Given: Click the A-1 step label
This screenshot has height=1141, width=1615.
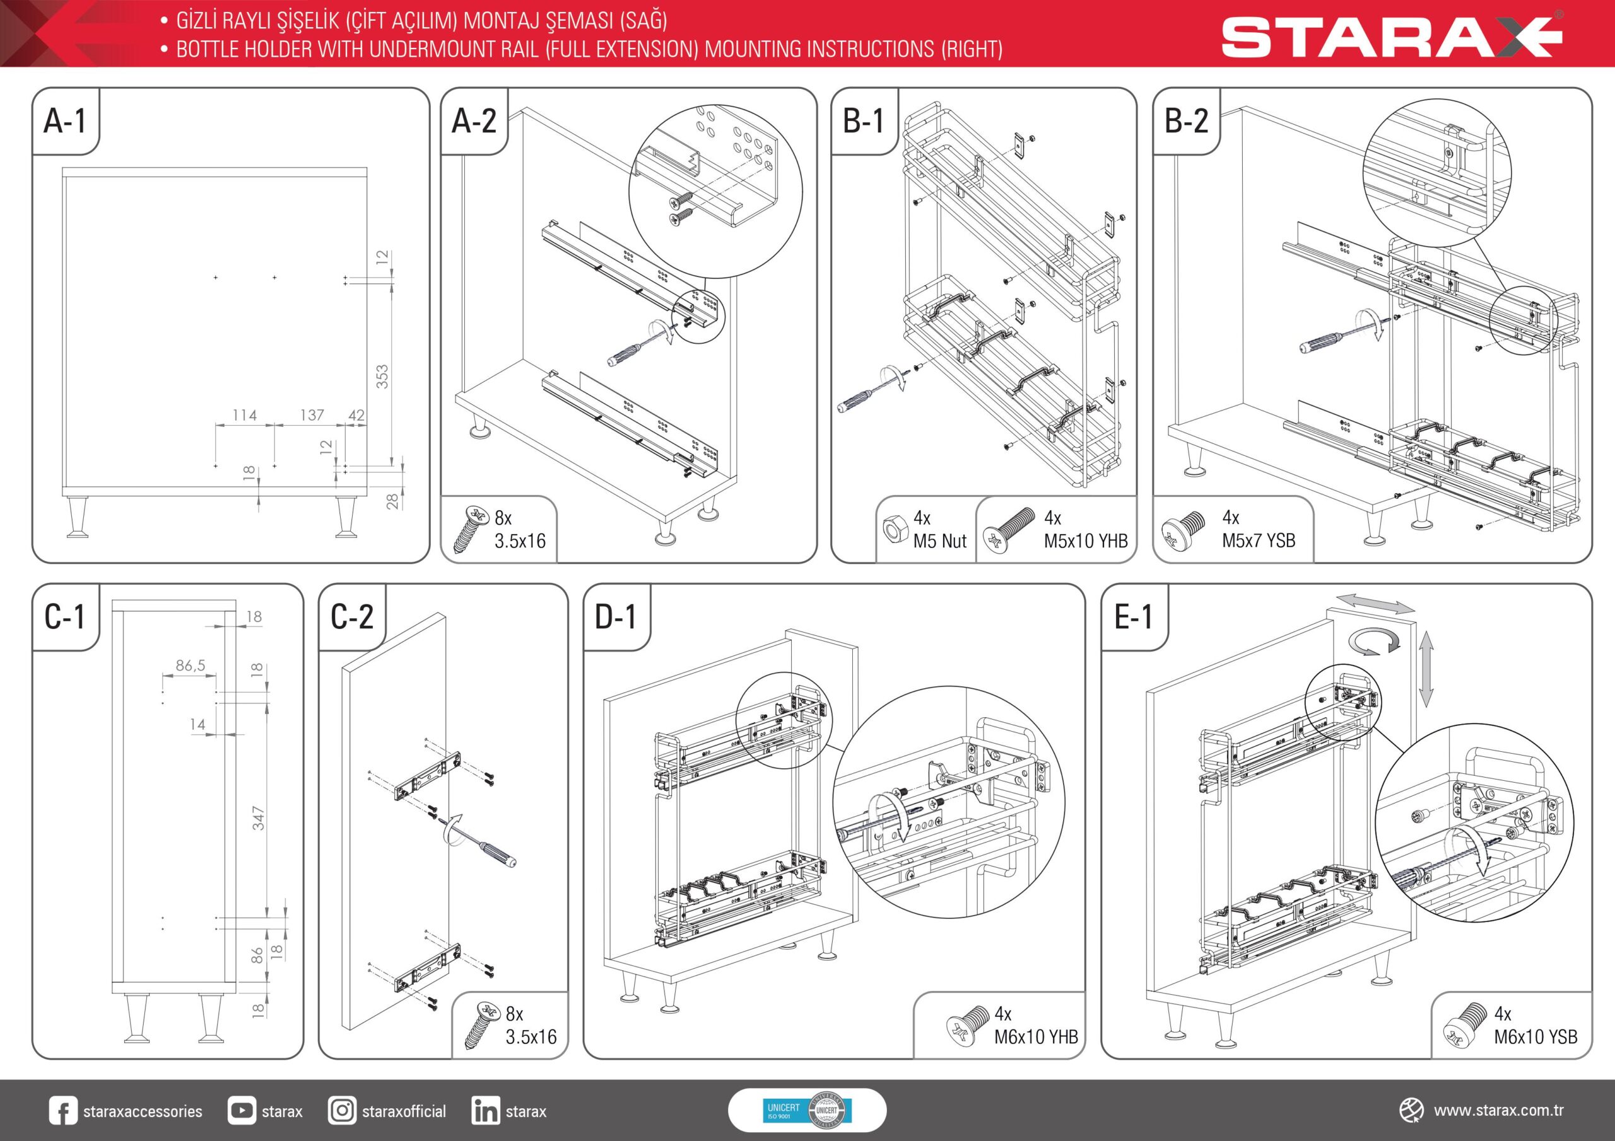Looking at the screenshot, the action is [x=65, y=121].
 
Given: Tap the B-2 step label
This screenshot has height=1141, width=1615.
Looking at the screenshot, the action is [x=1187, y=121].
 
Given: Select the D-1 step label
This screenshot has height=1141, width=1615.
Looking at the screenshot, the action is [x=616, y=617].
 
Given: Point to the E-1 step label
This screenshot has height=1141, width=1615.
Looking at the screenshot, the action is [x=1133, y=617].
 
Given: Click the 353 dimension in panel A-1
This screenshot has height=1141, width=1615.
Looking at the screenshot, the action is [x=382, y=377].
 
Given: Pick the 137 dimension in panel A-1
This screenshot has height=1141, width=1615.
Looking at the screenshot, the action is [x=312, y=415].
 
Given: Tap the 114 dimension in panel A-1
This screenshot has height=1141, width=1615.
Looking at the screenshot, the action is [x=245, y=415].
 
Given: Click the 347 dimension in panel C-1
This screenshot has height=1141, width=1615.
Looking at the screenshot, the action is [x=258, y=818].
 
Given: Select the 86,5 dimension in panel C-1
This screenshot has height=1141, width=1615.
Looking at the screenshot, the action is [x=191, y=665].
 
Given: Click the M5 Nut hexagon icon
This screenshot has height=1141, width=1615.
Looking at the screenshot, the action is [x=893, y=529].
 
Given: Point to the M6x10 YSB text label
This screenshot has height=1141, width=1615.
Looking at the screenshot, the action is [x=1536, y=1037].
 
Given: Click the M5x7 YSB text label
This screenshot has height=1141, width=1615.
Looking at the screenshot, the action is [x=1259, y=541].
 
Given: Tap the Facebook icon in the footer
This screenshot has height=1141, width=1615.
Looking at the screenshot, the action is [x=63, y=1111].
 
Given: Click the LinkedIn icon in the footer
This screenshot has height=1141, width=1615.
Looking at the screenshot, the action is [x=485, y=1111].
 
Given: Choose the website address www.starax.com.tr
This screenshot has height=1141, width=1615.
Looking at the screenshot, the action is [x=1498, y=1111].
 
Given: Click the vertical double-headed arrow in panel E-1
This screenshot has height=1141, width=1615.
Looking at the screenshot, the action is [x=1426, y=669].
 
